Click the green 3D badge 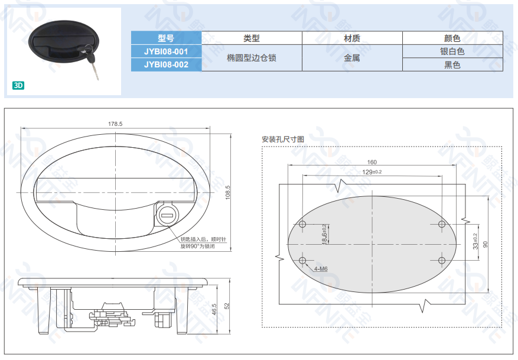[x=18, y=86]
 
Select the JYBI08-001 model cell [x=166, y=51]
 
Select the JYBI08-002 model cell [x=166, y=64]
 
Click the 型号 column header [x=166, y=38]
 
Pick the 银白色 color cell [x=452, y=51]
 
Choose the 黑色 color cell [x=452, y=65]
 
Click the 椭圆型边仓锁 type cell [x=252, y=58]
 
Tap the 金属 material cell [x=352, y=58]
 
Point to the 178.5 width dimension [x=115, y=124]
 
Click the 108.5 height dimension [x=227, y=192]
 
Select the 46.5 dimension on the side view [x=214, y=309]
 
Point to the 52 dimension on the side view [x=227, y=306]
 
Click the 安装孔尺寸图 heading [x=283, y=139]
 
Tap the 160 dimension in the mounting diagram [x=372, y=162]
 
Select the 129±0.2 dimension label [x=372, y=172]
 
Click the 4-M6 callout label [x=321, y=269]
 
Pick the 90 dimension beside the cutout [x=486, y=244]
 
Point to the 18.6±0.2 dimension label [x=324, y=234]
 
